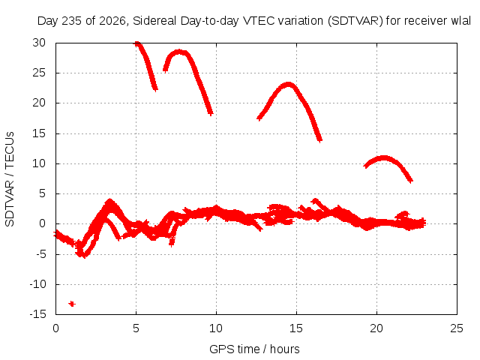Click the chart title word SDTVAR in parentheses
coord(355,21)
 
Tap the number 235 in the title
coord(72,21)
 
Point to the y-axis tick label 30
coord(39,43)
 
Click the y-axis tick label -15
coord(37,313)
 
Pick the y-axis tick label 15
coord(39,133)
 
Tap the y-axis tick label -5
coord(40,253)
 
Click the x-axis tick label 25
coord(457,328)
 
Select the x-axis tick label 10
coord(216,328)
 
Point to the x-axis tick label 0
coord(55,328)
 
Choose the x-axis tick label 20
coord(376,328)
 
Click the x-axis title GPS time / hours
coord(254,349)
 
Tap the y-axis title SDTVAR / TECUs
coord(10,179)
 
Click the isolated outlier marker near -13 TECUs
coord(72,304)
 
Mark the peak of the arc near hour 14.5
coord(288,85)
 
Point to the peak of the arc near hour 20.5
coord(383,158)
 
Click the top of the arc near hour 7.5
coord(178,52)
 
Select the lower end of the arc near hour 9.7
coord(210,113)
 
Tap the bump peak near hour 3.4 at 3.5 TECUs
coord(109,201)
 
